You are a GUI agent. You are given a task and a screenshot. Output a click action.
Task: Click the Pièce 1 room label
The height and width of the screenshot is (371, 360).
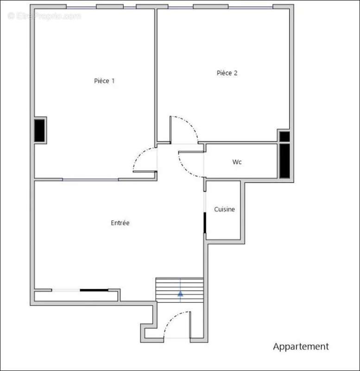(104, 81)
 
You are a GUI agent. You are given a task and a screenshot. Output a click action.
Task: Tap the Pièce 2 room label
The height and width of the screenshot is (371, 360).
(227, 73)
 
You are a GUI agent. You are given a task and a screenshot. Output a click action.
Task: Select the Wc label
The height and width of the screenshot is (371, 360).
(237, 162)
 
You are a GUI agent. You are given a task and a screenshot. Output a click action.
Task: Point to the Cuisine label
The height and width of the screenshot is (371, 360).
(224, 209)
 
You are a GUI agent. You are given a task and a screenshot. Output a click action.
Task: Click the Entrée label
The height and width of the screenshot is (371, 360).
(120, 223)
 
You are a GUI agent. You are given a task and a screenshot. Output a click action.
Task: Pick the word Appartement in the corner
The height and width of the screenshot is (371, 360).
(301, 346)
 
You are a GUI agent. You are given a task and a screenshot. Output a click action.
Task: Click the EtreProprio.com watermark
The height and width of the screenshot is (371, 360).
(44, 16)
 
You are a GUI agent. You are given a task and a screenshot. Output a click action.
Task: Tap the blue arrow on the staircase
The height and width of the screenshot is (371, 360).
(180, 294)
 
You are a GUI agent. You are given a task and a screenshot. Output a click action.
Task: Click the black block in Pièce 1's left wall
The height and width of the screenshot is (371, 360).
(40, 130)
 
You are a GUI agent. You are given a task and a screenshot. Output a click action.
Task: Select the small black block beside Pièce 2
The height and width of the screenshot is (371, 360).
(284, 137)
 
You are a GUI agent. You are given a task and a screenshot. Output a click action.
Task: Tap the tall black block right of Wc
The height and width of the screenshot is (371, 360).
(284, 160)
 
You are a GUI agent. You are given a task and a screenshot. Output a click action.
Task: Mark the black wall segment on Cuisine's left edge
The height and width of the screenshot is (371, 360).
(205, 223)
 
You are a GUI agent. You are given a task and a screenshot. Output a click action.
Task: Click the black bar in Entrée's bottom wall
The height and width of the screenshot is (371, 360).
(94, 290)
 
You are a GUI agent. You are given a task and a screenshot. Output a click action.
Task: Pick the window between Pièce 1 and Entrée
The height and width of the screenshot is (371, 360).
(90, 179)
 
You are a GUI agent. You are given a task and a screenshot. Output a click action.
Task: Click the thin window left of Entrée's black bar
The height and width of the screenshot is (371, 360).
(66, 290)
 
